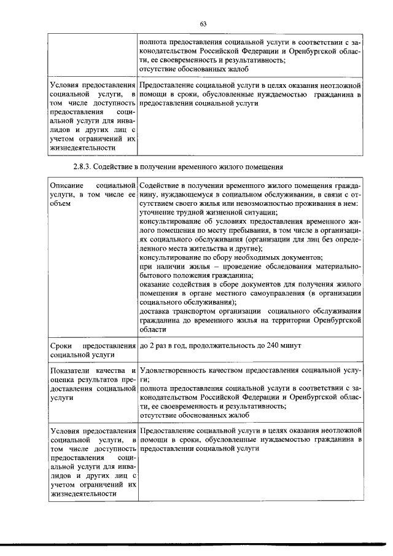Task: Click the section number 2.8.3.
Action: click(x=83, y=166)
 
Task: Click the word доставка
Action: click(x=157, y=311)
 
